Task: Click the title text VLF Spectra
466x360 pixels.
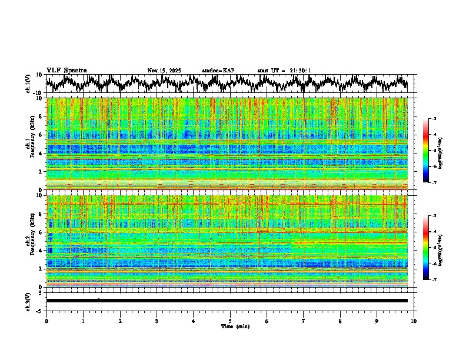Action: click(66, 70)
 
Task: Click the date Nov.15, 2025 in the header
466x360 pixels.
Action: click(164, 71)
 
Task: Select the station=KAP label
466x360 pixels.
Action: click(218, 71)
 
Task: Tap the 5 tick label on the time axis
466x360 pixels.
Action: click(230, 321)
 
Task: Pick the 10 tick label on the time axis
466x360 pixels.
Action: click(414, 321)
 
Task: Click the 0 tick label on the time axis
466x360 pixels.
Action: click(46, 321)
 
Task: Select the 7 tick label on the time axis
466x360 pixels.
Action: click(304, 321)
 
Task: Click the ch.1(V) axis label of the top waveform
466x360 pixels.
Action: click(28, 84)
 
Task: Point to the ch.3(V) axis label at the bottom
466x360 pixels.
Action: click(28, 300)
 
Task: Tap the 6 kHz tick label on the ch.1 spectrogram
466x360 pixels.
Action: click(41, 135)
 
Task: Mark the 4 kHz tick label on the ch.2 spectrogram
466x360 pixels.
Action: click(41, 250)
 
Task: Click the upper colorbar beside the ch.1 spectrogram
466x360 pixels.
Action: click(426, 151)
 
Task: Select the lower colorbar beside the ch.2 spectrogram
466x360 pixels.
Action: click(426, 248)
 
